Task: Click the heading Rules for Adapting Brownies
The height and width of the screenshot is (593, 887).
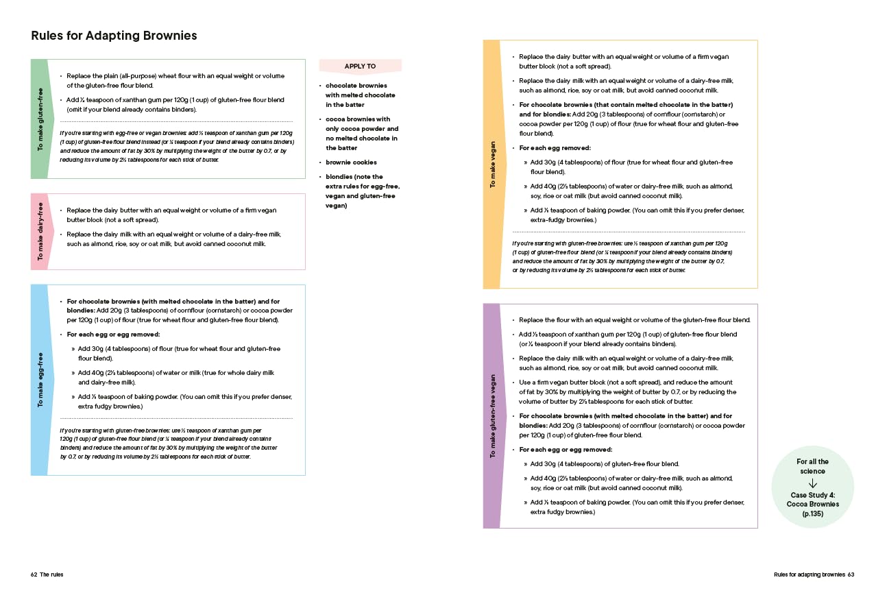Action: coord(114,36)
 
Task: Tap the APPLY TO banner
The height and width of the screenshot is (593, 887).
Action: coord(360,66)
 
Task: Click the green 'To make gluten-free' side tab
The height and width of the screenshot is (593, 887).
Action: coord(39,119)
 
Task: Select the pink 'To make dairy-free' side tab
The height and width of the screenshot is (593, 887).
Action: coord(39,231)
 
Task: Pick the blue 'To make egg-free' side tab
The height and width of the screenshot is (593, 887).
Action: coord(39,380)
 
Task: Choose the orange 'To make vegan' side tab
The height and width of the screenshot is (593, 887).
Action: coord(491,165)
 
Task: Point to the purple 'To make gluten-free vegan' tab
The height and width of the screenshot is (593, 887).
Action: coord(491,416)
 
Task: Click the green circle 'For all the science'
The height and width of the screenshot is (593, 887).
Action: coord(812,486)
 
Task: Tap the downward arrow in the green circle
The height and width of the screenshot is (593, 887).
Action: coord(812,483)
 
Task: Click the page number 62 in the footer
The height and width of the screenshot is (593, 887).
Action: coord(34,574)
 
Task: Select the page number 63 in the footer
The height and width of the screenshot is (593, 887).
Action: coord(851,574)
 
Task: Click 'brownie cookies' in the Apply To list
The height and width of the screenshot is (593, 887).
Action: coord(351,162)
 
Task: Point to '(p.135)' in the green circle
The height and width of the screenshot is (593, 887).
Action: coord(812,513)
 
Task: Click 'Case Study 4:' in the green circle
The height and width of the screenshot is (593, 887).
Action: coord(812,495)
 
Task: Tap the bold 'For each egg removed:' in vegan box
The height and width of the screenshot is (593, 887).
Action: coord(555,148)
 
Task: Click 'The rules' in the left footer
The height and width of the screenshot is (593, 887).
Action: coord(51,574)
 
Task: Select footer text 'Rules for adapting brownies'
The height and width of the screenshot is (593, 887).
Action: coord(809,574)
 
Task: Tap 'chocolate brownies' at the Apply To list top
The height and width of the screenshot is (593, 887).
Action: coord(356,86)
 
